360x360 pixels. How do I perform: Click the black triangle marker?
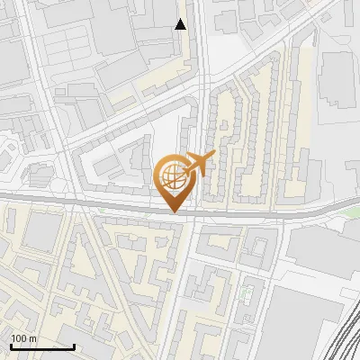pos(181,24)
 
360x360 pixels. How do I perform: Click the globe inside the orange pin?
pos(171,173)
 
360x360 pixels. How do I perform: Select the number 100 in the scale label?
pos(19,338)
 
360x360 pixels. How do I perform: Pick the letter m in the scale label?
pos(33,338)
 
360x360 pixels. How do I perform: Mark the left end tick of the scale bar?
pos(11,345)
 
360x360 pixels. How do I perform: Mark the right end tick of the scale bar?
pos(74,345)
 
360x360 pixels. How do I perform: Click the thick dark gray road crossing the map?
pos(90,202)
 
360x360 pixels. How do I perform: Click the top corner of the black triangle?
pos(181,19)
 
